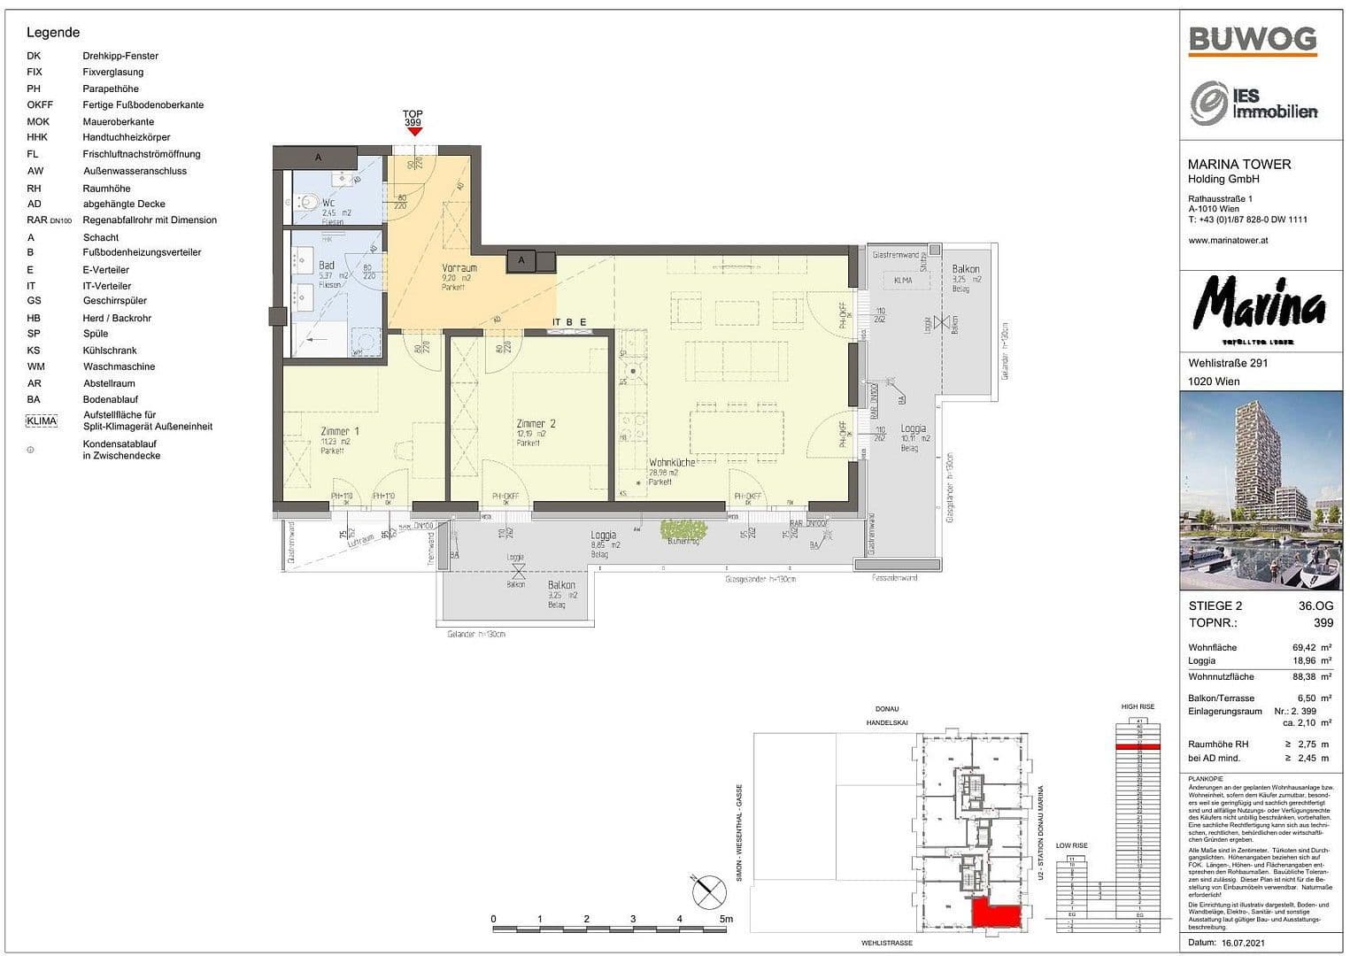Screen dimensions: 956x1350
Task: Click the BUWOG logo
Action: [1252, 40]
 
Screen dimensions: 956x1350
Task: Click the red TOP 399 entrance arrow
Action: [413, 131]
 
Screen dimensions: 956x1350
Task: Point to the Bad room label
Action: [327, 265]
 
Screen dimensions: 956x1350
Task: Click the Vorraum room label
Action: [459, 267]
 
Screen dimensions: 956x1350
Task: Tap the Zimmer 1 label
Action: [340, 431]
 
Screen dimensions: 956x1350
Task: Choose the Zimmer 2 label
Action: [536, 424]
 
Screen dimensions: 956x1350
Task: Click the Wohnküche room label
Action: [671, 463]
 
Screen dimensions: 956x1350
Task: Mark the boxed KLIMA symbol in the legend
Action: [42, 421]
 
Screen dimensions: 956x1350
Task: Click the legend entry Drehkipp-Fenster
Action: [120, 56]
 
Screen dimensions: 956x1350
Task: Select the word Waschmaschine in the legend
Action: [119, 366]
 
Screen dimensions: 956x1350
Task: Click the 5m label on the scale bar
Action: [726, 919]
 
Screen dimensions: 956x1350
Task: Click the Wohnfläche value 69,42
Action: [1307, 647]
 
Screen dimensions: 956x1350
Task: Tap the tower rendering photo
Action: [1261, 490]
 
